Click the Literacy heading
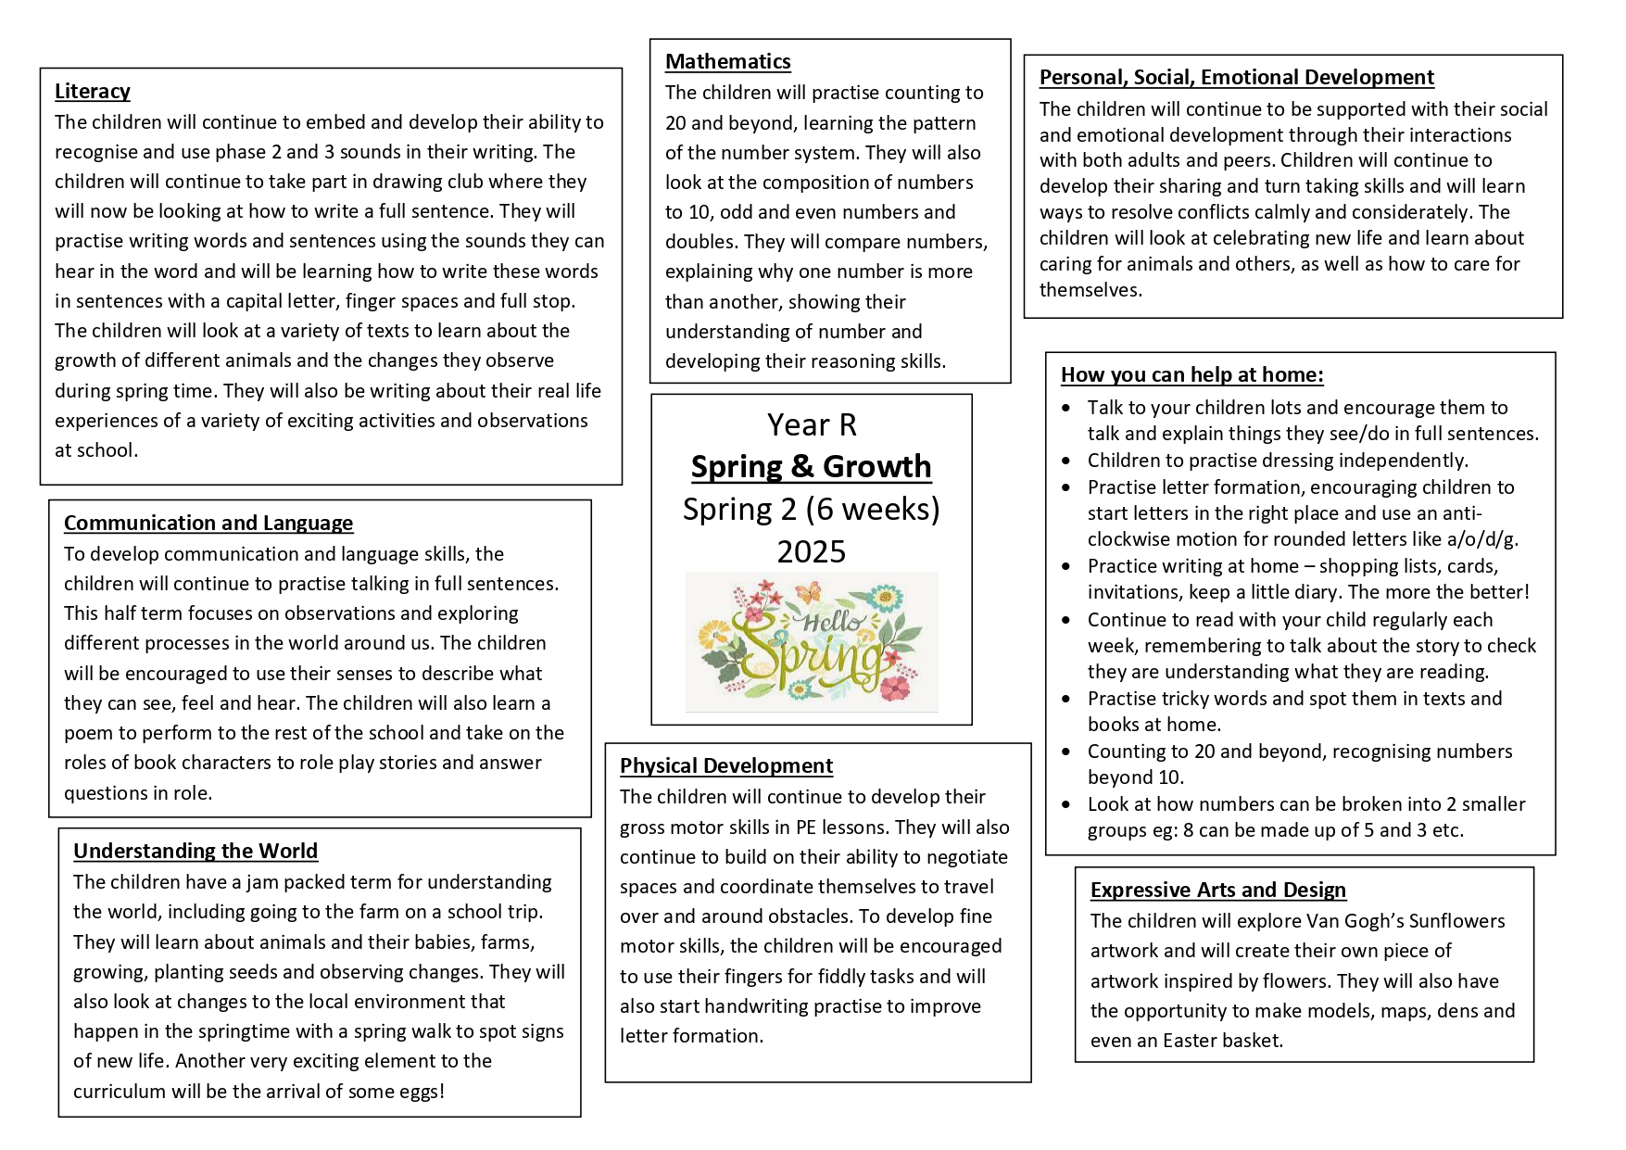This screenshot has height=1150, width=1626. coord(92,91)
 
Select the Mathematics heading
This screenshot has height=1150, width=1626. coord(727,61)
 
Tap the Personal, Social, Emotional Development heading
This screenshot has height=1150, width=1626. coord(1236,77)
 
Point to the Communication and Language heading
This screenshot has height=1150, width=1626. coord(208,523)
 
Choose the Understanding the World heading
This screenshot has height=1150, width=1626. coord(195,851)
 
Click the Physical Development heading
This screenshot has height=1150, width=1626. coord(725,765)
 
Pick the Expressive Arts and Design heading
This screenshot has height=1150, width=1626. coord(1217,890)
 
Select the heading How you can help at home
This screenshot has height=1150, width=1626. coord(1191,374)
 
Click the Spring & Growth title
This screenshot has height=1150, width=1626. coord(811,466)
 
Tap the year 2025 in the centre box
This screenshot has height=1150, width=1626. coord(811,551)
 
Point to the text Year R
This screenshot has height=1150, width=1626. coord(812,424)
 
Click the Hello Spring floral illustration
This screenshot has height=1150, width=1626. coord(812,641)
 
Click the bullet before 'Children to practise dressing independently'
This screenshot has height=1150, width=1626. coord(1066,461)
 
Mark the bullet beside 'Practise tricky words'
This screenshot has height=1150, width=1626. coord(1066,699)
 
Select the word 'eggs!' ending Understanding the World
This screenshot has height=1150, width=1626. coord(421,1092)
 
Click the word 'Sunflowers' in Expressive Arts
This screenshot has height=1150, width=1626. coord(1456,921)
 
